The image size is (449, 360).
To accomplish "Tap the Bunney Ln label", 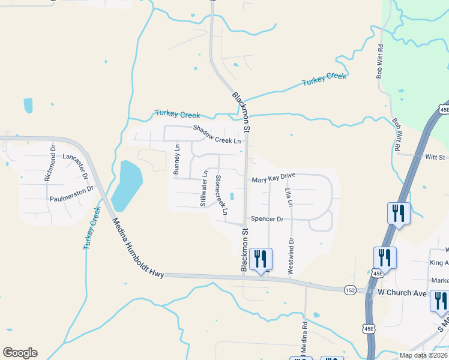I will click(176, 159).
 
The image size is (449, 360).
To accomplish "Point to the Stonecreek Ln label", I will click(221, 195).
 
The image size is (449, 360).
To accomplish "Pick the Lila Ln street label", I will click(289, 197).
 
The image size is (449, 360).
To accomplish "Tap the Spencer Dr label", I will click(267, 219).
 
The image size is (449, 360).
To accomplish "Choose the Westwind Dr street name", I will click(291, 256).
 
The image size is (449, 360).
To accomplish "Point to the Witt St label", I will click(433, 158).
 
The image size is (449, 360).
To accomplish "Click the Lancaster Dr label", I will click(75, 167).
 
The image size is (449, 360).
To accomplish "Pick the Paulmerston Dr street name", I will click(72, 193).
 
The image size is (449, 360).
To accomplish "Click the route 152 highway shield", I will click(351, 290).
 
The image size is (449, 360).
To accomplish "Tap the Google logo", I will click(20, 353).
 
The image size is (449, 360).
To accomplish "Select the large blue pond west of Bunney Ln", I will click(127, 185).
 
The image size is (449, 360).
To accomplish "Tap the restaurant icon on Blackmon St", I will click(261, 260).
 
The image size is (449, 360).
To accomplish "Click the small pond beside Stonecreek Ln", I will click(232, 196).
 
